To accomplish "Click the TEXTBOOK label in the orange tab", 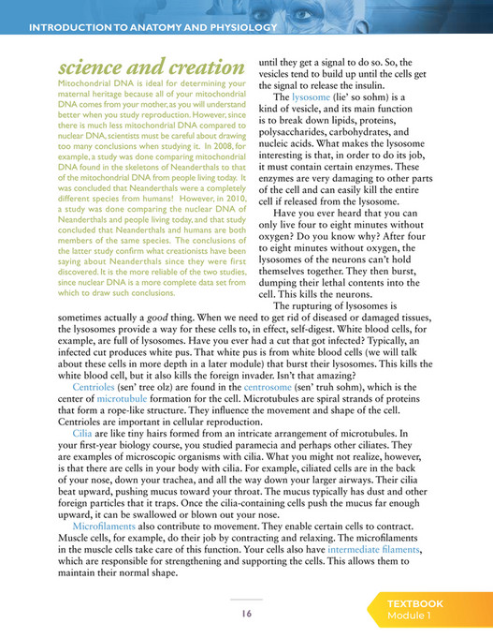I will tap(416, 604).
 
